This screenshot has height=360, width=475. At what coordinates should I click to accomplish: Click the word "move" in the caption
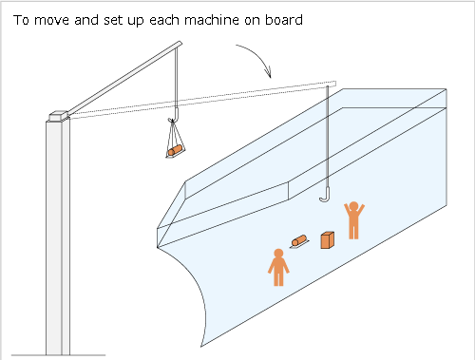(x=51, y=20)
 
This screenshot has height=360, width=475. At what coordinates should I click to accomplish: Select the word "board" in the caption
(x=284, y=20)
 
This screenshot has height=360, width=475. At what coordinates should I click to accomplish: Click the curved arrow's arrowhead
(x=268, y=72)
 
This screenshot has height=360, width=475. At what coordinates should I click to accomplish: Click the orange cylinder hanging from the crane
(x=175, y=150)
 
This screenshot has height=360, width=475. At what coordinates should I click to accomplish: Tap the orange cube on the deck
(x=328, y=240)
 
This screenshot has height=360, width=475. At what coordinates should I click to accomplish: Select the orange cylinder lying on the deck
(x=299, y=240)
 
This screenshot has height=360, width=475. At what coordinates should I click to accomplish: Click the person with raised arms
(x=354, y=220)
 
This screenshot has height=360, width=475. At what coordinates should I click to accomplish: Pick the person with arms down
(x=278, y=268)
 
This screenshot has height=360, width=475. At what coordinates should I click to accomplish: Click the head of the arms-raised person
(x=353, y=206)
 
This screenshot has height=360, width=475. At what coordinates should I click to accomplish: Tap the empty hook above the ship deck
(x=326, y=195)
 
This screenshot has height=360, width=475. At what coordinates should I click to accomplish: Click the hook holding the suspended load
(x=176, y=115)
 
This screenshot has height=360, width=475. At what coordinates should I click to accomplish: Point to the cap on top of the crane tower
(x=59, y=116)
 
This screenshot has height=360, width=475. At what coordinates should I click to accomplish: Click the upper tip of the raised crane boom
(x=180, y=43)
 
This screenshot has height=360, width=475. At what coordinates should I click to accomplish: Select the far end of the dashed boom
(x=335, y=84)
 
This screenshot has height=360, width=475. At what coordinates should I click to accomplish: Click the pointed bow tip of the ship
(x=158, y=247)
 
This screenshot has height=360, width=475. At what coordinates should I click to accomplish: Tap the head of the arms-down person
(x=278, y=254)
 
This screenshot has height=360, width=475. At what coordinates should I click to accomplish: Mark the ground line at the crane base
(x=59, y=355)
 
